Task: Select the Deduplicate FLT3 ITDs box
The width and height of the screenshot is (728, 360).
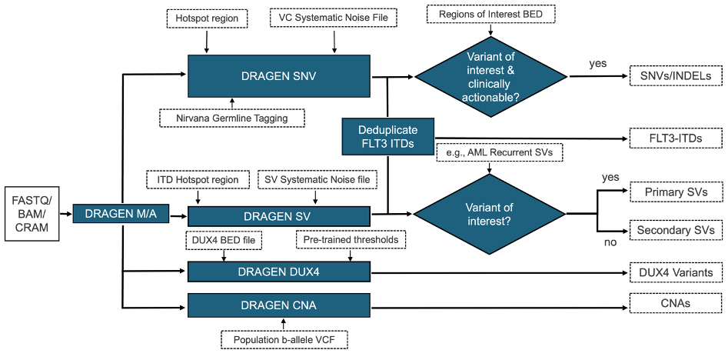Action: click(387, 136)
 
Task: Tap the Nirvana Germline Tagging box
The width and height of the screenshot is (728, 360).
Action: click(232, 118)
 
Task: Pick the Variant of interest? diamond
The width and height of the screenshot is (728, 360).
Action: click(490, 212)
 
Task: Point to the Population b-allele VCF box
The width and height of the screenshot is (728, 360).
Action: click(281, 338)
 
